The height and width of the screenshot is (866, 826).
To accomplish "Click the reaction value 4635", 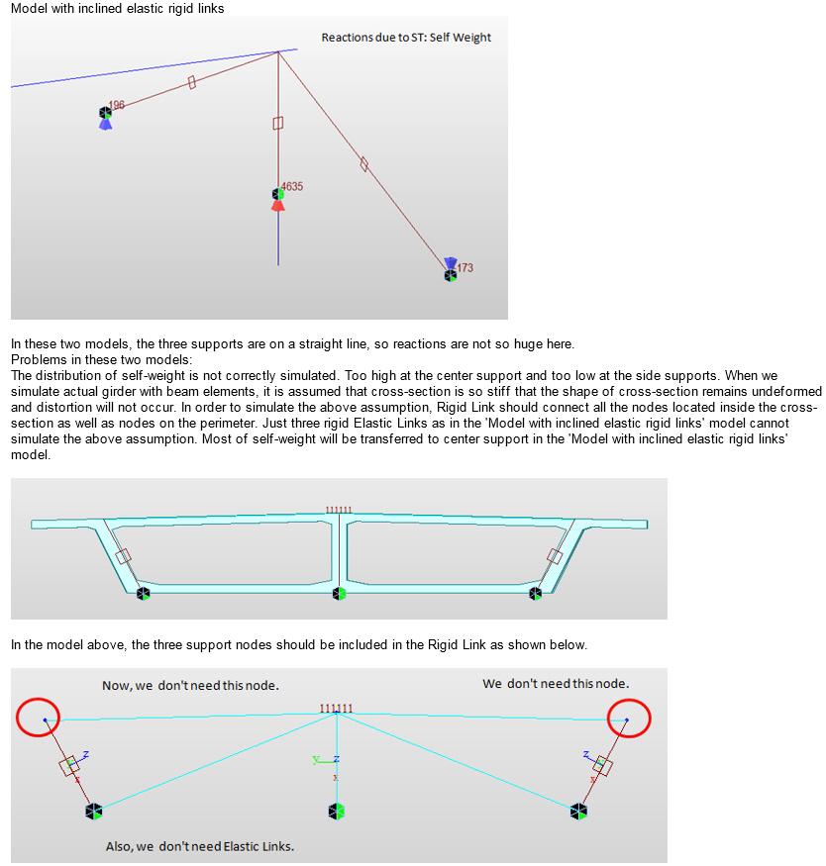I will click(x=292, y=185).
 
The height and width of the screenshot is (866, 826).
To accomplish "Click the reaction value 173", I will click(x=465, y=267).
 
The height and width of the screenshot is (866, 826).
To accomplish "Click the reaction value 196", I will click(x=117, y=104).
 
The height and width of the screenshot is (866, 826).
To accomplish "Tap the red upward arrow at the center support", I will click(x=278, y=205).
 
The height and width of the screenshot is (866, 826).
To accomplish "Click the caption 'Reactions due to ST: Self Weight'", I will click(x=406, y=38).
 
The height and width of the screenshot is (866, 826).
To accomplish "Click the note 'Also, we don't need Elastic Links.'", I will click(x=200, y=846).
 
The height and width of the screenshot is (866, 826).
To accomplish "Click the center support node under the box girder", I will click(x=340, y=594).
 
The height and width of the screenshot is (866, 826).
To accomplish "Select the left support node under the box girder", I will click(x=144, y=594).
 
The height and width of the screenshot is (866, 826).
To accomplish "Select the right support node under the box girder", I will click(x=536, y=594).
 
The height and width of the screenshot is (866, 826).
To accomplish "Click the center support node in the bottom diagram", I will click(x=337, y=812).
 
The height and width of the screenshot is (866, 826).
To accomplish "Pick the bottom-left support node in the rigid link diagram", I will click(x=94, y=812).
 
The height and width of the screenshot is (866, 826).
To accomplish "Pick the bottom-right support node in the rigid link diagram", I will click(x=578, y=812).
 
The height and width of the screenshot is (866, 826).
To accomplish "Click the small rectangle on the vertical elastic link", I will click(x=278, y=123).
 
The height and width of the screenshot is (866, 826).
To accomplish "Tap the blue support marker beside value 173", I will click(x=451, y=263).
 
